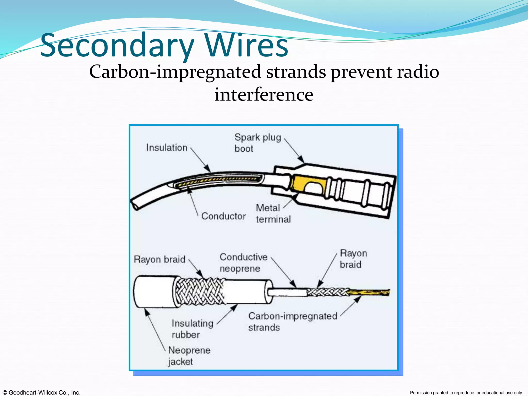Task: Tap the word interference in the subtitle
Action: tap(264, 95)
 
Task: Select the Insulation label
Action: tap(167, 148)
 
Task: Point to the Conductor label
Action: tap(223, 216)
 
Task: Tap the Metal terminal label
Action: tap(273, 213)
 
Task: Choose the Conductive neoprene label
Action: tap(243, 263)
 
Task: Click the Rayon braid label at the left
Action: tap(159, 259)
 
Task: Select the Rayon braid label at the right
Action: tap(353, 259)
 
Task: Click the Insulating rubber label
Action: tap(192, 329)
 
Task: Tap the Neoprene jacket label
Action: tap(189, 356)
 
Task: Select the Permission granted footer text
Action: tap(466, 393)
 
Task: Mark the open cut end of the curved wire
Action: tap(135, 206)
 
